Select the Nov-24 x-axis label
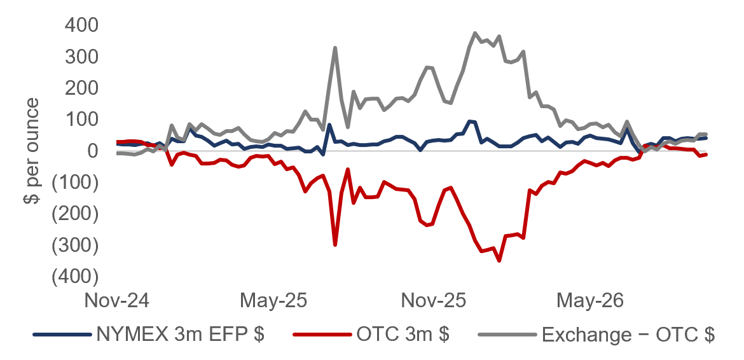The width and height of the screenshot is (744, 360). pyautogui.click(x=117, y=300)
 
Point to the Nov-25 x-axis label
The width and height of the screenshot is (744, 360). pyautogui.click(x=434, y=300)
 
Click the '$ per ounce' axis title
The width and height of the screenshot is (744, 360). pyautogui.click(x=32, y=151)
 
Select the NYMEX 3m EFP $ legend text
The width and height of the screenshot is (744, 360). pyautogui.click(x=181, y=335)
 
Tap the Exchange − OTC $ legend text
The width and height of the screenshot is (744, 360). pyautogui.click(x=628, y=335)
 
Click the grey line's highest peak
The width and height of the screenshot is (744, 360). pyautogui.click(x=475, y=33)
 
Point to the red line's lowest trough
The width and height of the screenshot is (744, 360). pyautogui.click(x=499, y=260)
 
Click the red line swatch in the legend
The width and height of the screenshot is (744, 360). pyautogui.click(x=322, y=335)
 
